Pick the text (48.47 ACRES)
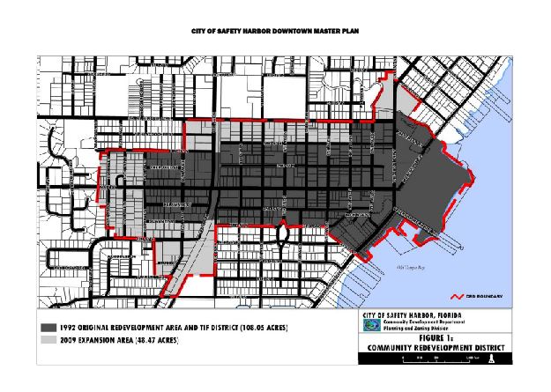[151, 340]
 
